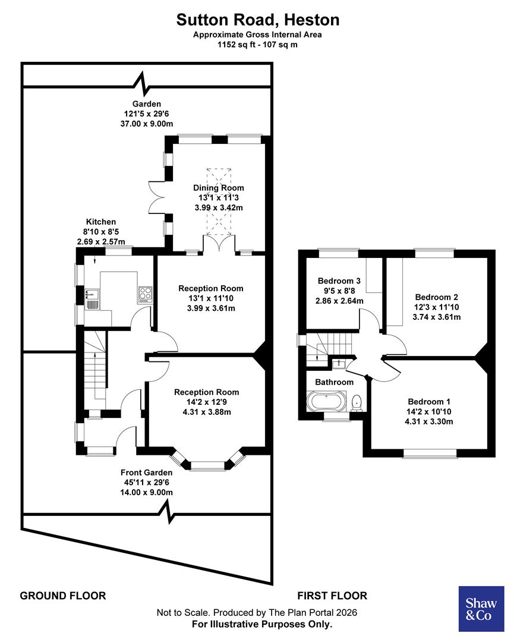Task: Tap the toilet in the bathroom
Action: coord(357,403)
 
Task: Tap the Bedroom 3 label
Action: coord(339,281)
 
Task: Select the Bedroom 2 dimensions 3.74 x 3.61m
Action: coord(437,317)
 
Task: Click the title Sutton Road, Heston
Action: coord(258,20)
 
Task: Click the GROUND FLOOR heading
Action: coord(63,596)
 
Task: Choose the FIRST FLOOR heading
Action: coord(332,596)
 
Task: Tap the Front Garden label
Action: coord(147,473)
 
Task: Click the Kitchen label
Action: coord(101,222)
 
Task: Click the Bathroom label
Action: coord(334,382)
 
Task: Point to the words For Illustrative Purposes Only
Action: coord(262,624)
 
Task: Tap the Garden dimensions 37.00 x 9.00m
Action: coord(146,124)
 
